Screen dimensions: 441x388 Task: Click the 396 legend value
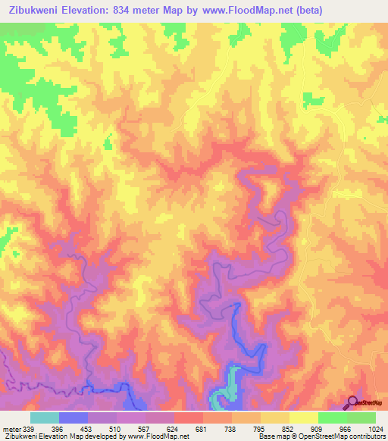(x=58, y=430)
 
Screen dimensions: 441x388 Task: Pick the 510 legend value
(x=115, y=430)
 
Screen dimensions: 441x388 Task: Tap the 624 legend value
(x=173, y=430)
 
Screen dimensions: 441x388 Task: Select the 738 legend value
(x=230, y=430)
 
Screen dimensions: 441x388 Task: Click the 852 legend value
(x=288, y=430)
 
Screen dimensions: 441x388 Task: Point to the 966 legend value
(x=346, y=430)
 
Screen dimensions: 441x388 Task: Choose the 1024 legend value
(x=374, y=430)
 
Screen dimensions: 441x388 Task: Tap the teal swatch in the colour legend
(x=45, y=418)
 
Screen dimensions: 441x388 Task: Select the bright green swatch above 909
(x=332, y=418)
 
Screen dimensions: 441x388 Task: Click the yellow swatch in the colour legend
(x=303, y=418)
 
